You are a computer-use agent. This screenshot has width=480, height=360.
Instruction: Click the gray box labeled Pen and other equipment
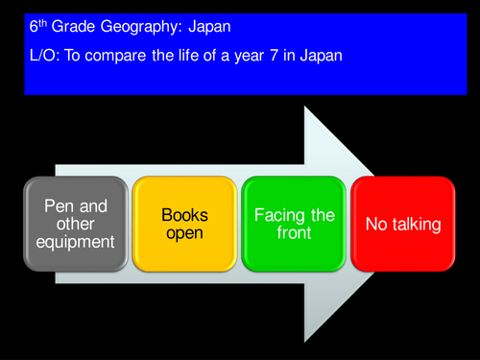(76, 224)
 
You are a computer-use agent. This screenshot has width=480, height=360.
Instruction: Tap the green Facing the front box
(294, 224)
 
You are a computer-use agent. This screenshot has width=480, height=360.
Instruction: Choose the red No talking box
(403, 224)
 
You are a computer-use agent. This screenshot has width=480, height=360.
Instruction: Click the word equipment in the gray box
(76, 242)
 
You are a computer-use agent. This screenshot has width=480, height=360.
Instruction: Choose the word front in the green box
(294, 233)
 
